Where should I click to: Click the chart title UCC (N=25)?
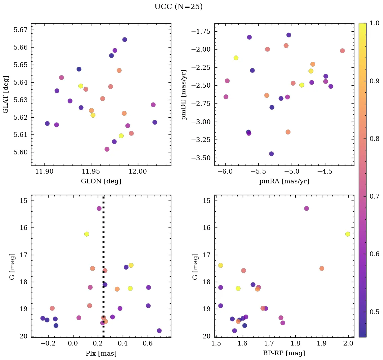[178, 7]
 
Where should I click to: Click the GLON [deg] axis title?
[101, 181]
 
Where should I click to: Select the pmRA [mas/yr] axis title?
[284, 181]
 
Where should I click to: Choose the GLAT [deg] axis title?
[6, 94]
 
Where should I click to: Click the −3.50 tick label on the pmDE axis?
[201, 158]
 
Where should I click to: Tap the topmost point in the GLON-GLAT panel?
[125, 39]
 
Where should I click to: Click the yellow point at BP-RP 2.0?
[348, 234]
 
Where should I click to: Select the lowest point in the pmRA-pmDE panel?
[271, 154]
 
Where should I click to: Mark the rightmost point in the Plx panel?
[159, 331]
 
